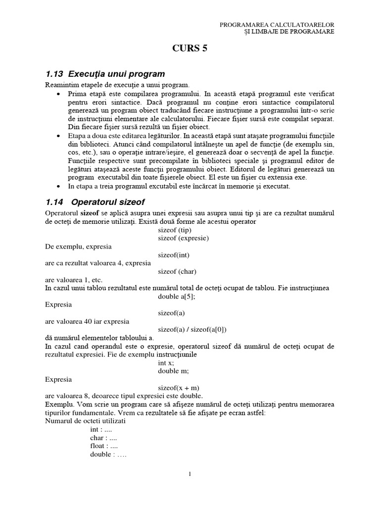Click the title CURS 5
pyautogui.click(x=190, y=49)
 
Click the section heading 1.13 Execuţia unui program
pyautogui.click(x=105, y=74)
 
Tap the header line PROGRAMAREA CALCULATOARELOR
pyautogui.click(x=277, y=24)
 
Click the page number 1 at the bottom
pyautogui.click(x=190, y=474)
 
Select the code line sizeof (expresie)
pyautogui.click(x=183, y=238)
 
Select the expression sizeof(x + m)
pyautogui.click(x=179, y=387)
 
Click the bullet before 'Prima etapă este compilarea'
pyautogui.click(x=59, y=94)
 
